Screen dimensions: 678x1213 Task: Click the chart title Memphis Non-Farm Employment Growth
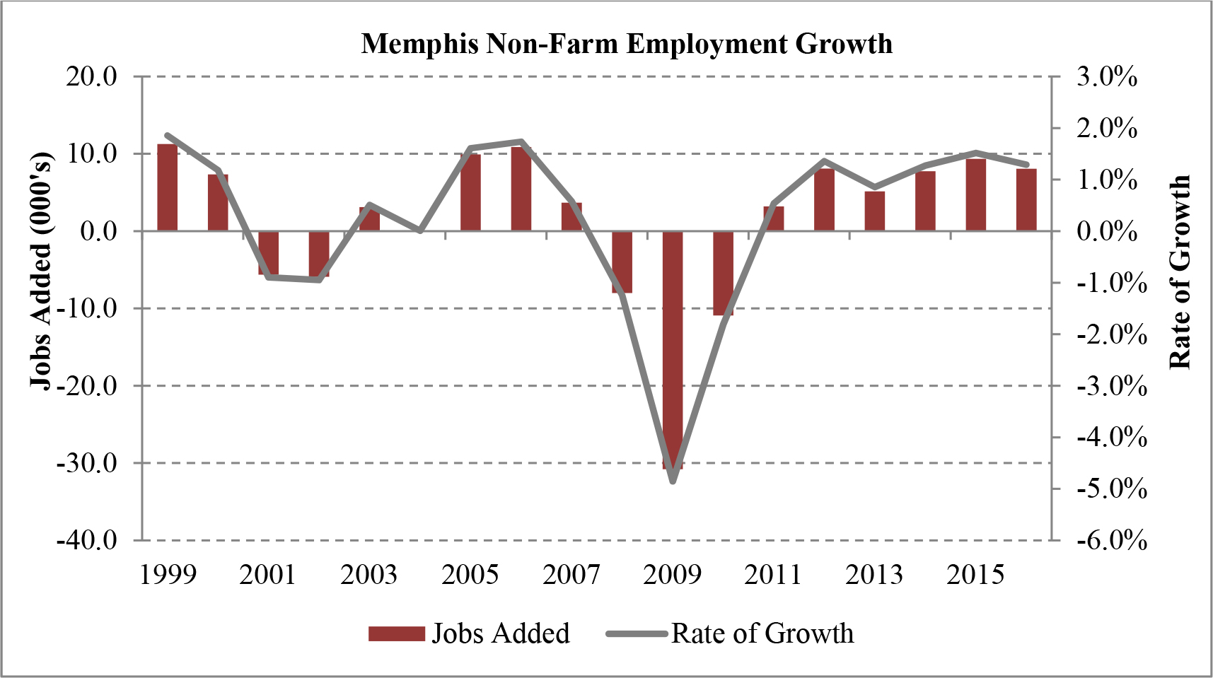pos(627,44)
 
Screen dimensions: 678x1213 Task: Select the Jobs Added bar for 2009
pos(673,350)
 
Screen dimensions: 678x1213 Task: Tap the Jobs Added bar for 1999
pos(168,187)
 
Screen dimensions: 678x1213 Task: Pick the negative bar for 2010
pos(723,273)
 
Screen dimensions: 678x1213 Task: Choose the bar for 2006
pos(521,189)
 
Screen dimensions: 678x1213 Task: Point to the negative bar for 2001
pos(269,252)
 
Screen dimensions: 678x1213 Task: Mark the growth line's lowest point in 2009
pos(673,481)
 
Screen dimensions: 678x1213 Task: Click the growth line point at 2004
pos(420,230)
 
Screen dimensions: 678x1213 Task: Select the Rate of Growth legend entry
pos(730,633)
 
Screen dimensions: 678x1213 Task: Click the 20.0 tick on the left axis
pos(93,76)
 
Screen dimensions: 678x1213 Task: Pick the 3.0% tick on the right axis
pos(1107,76)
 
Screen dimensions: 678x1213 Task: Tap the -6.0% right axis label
pos(1111,540)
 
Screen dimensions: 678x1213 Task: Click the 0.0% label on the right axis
pos(1107,231)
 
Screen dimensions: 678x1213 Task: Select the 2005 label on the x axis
pos(470,575)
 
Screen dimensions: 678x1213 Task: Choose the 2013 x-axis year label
pos(874,575)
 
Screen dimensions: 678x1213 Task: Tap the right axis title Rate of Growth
pos(1180,272)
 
